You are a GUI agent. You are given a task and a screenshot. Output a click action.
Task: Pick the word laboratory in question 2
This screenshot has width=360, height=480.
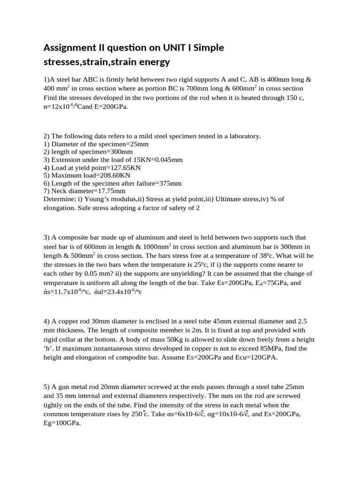pyautogui.click(x=241, y=136)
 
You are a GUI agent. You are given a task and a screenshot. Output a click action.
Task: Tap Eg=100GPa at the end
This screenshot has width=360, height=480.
pyautogui.click(x=61, y=423)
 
